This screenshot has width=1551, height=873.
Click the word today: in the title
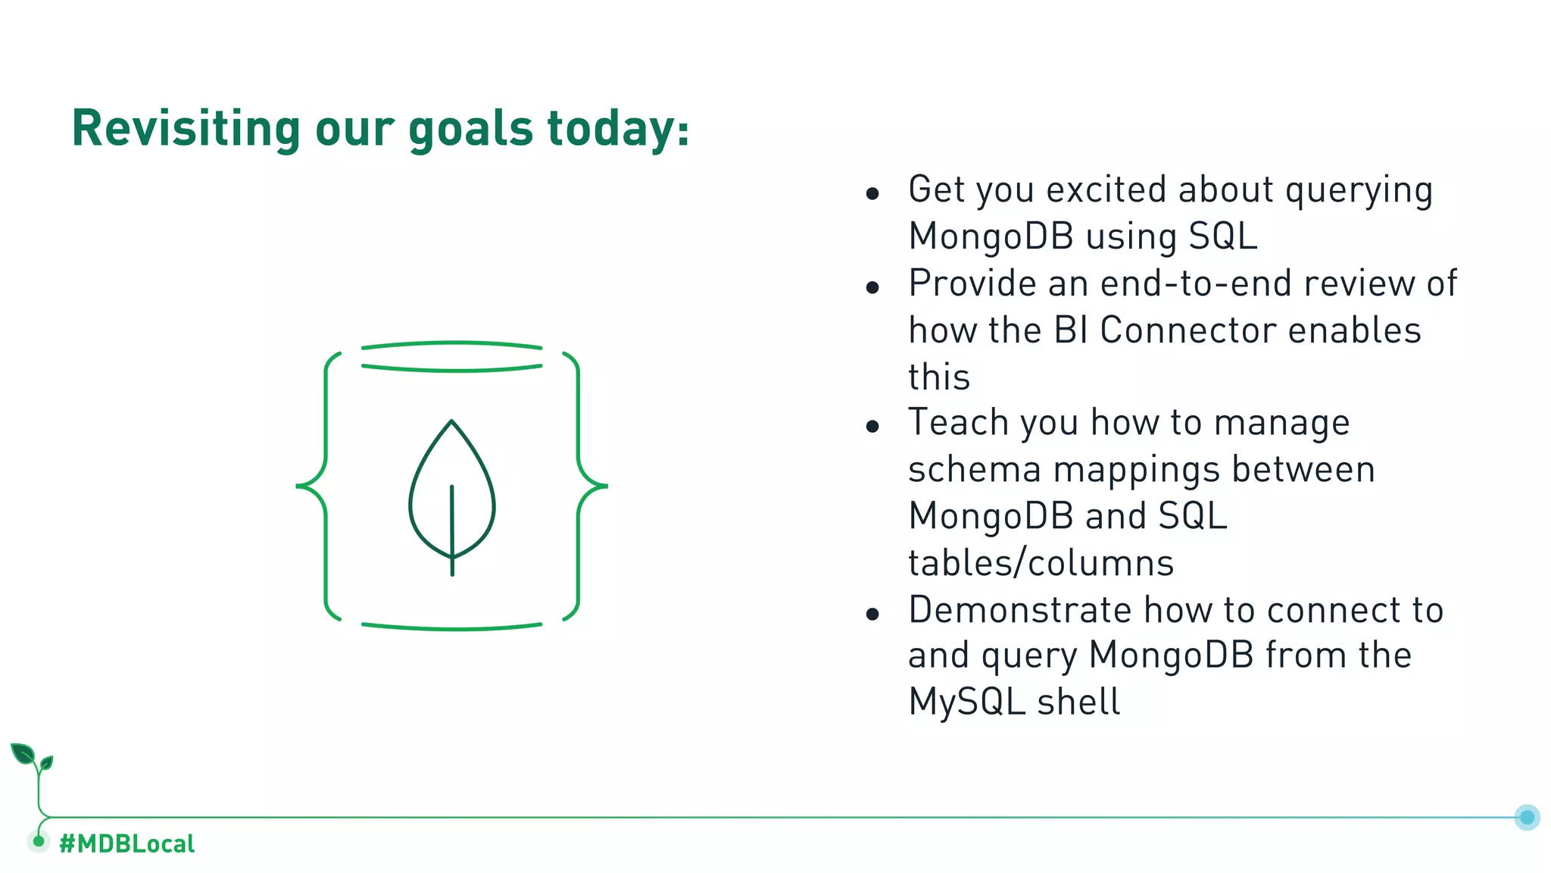[x=617, y=129]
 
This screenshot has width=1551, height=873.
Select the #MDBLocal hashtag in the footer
[x=126, y=843]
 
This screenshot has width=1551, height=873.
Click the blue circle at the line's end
[x=1527, y=817]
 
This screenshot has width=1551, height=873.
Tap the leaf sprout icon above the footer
[x=31, y=759]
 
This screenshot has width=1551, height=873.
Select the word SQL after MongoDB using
[x=1222, y=236]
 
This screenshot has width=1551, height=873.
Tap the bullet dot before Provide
[x=872, y=288]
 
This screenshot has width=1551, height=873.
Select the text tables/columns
[x=1041, y=564]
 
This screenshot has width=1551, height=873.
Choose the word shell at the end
[x=1078, y=702]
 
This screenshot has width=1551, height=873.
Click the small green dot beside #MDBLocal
[x=39, y=841]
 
